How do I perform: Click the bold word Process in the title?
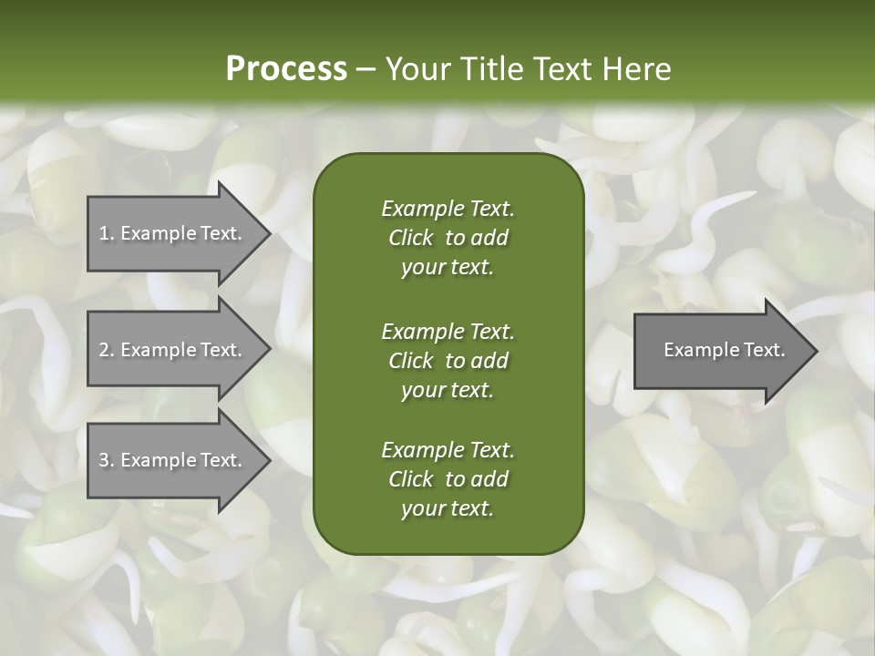click(x=286, y=69)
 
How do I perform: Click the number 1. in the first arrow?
click(x=106, y=233)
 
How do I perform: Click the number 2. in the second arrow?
click(x=106, y=350)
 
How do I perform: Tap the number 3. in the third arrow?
click(x=106, y=460)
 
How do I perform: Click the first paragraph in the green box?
click(x=448, y=238)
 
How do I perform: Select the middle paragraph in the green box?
click(x=448, y=361)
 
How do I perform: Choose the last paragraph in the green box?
click(x=448, y=479)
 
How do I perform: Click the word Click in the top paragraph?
click(x=411, y=238)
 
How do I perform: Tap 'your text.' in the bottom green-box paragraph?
click(x=448, y=508)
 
